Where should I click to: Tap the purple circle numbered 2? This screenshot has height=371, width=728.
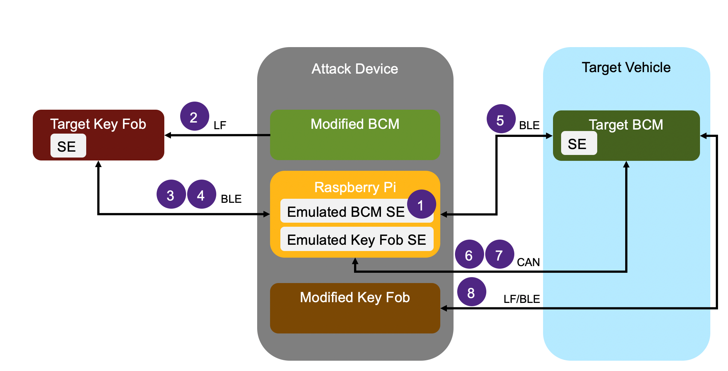(x=195, y=116)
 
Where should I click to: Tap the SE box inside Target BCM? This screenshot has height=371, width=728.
(x=578, y=144)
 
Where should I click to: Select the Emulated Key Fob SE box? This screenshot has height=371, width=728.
(x=356, y=240)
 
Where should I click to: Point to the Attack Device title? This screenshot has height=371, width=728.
(x=355, y=69)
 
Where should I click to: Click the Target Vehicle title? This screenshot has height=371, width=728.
(x=626, y=67)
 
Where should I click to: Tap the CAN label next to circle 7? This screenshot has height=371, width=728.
(x=528, y=262)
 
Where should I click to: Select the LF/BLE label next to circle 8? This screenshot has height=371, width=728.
(x=521, y=299)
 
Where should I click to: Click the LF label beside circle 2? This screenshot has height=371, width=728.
(x=220, y=126)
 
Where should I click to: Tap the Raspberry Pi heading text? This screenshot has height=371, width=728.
(x=355, y=187)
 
